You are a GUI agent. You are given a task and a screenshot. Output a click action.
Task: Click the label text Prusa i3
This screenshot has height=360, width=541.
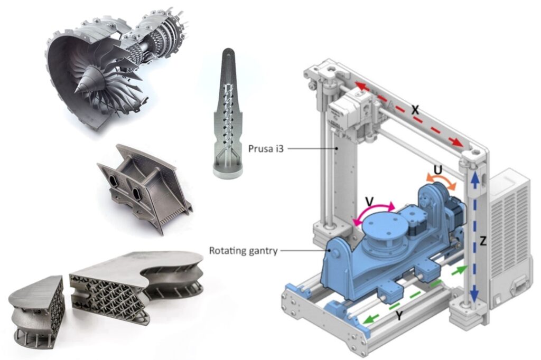[x=266, y=149]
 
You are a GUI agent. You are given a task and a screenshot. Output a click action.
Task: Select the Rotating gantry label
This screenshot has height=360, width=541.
[x=243, y=251]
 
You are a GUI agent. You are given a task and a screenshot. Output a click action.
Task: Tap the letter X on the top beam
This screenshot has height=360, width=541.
[x=415, y=110]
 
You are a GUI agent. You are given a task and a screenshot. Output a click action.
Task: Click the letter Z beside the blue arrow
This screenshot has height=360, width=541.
[x=483, y=241]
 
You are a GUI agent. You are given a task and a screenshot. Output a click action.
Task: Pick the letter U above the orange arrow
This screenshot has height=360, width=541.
[x=438, y=169]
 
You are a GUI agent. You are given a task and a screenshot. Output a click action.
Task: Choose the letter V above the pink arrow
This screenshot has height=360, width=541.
[x=369, y=201]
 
